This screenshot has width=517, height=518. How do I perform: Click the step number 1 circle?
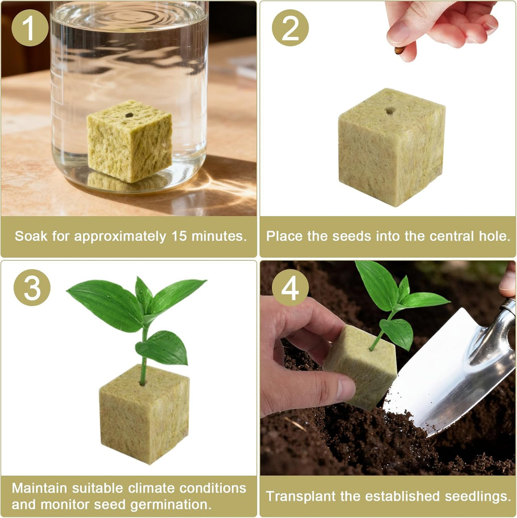pos(29,27)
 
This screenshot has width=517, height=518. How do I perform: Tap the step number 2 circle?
pos(290,27)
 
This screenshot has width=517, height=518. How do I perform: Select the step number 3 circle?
pos(32,287)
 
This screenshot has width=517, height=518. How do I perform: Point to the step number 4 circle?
pos(290,287)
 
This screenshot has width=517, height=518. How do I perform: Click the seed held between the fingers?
pos(399,50)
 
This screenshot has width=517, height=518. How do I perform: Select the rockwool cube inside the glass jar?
pos(129,141)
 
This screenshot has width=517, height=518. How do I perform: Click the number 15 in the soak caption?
pos(180,236)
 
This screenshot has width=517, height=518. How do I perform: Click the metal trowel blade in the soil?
pos(445,383)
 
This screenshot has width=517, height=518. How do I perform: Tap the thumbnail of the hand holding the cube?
pos(345,390)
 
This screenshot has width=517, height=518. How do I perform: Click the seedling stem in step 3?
pos(144,362)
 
